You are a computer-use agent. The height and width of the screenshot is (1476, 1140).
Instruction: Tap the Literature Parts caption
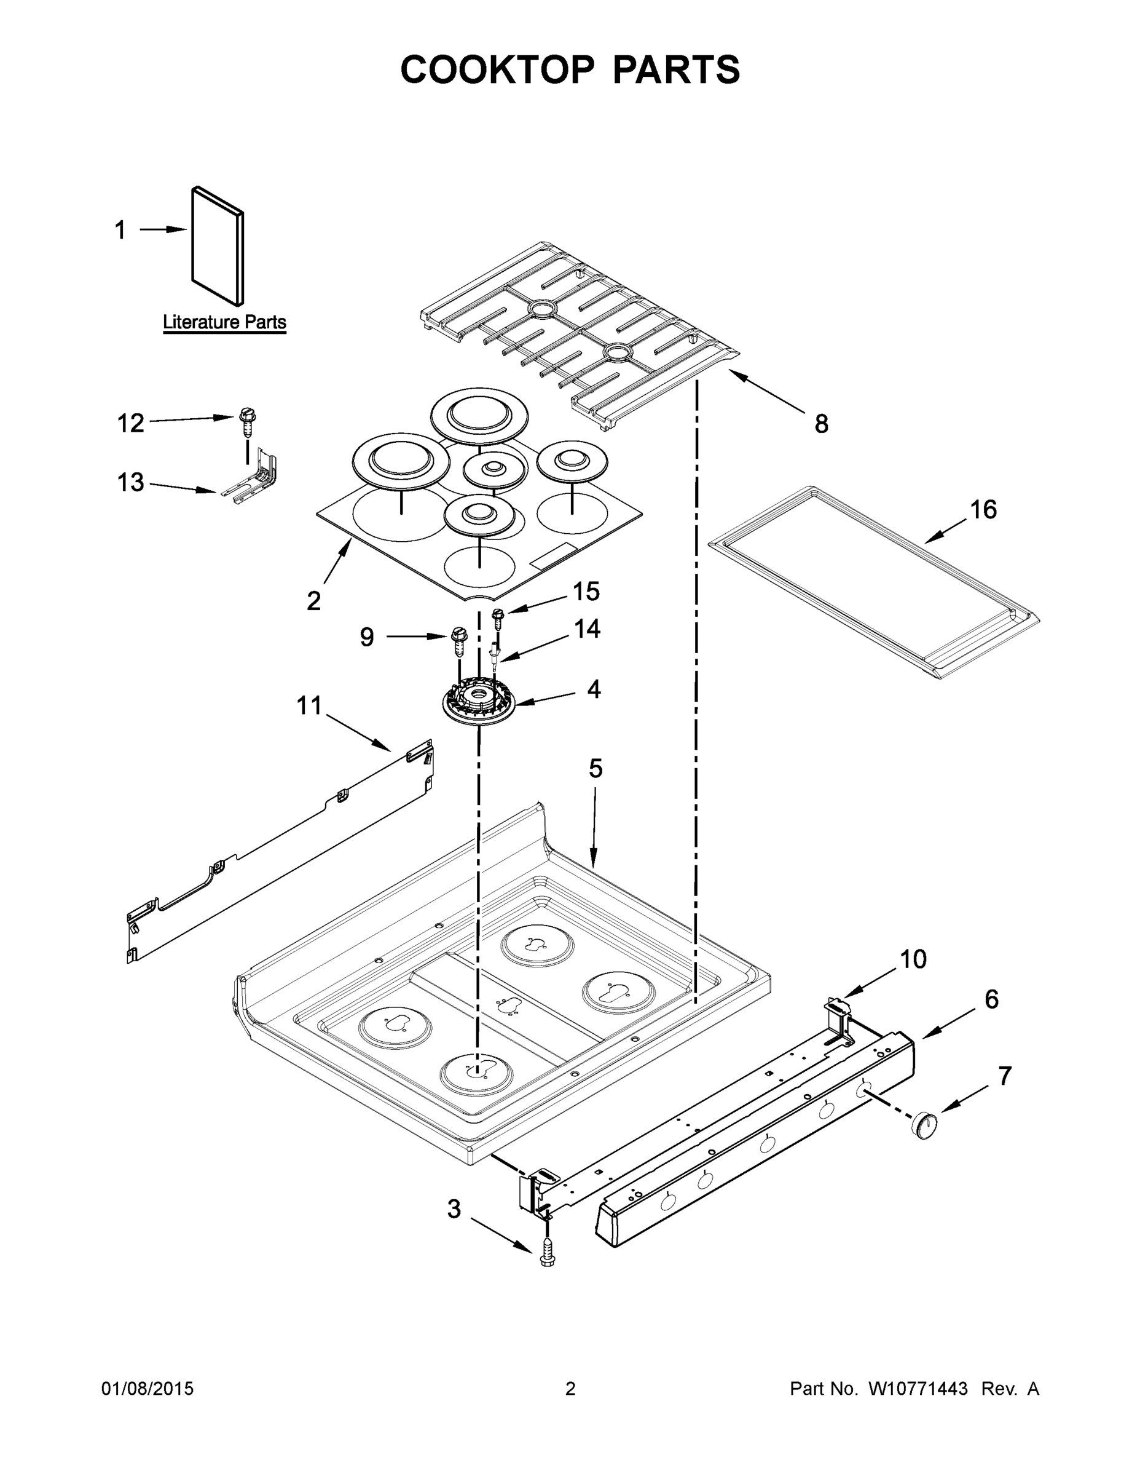[224, 322]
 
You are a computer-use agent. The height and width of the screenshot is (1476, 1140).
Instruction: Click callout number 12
[130, 423]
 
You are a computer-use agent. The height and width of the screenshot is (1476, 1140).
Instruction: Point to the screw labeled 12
[246, 422]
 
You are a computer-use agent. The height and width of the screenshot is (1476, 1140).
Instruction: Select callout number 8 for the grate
[820, 424]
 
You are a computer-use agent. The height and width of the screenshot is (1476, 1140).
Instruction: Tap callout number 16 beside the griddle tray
[983, 510]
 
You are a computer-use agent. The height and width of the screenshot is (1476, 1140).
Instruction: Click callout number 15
[586, 592]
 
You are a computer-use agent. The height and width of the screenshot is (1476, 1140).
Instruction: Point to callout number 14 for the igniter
[587, 629]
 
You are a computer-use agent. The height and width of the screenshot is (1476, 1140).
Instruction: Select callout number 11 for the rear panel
[309, 705]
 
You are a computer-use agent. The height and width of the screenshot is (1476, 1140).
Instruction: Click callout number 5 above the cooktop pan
[595, 768]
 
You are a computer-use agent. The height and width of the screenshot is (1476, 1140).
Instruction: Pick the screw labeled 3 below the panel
[547, 1256]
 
